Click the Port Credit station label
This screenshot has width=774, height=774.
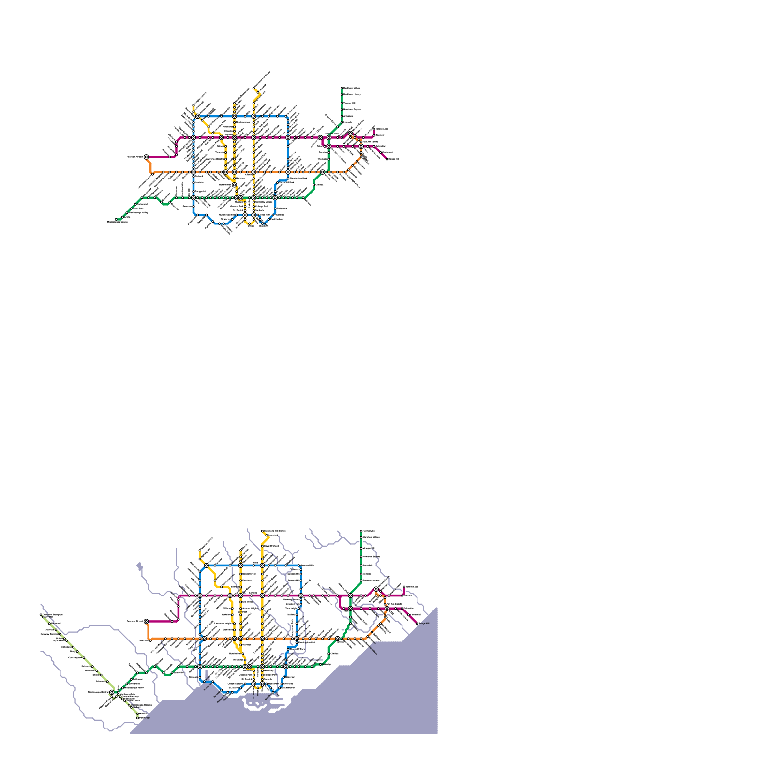point(145,718)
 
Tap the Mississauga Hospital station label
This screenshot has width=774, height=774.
point(143,705)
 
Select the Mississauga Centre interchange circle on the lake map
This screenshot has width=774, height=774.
point(112,692)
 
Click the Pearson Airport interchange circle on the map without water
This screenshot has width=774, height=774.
point(146,157)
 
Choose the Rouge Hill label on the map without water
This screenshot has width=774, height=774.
point(394,159)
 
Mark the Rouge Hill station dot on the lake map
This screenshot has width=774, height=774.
point(417,624)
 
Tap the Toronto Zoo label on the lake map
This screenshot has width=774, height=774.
point(412,587)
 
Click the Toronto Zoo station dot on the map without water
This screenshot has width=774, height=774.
point(374,128)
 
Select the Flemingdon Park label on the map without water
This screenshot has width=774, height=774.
point(299,178)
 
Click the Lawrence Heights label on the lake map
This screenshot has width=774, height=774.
point(223,624)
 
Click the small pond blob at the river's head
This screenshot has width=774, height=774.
point(140,566)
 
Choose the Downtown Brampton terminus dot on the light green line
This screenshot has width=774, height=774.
point(41,615)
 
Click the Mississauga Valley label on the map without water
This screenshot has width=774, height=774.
point(140,212)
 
